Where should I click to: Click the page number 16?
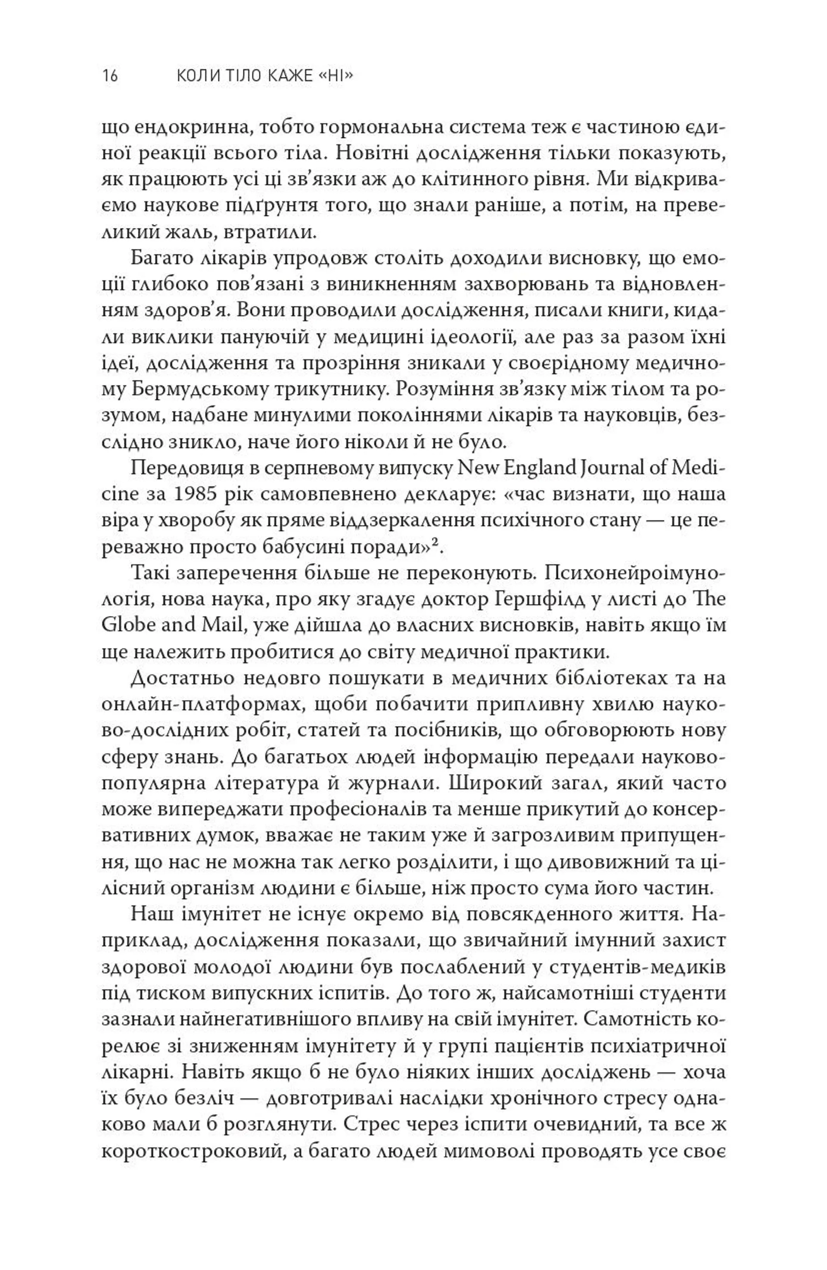tap(110, 76)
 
